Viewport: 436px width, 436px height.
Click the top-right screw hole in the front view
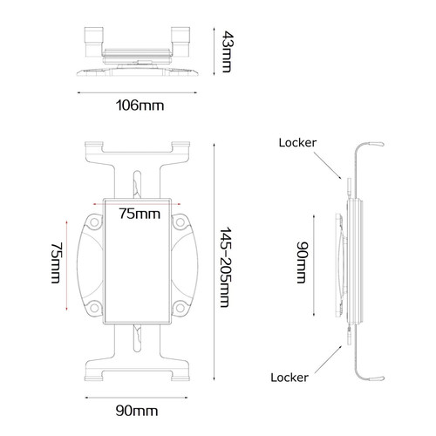pyautogui.click(x=179, y=221)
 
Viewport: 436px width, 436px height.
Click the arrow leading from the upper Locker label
pyautogui.click(x=327, y=164)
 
